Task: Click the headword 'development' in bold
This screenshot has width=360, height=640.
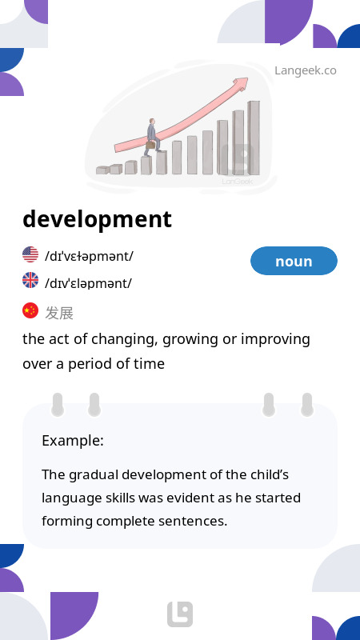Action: [97, 219]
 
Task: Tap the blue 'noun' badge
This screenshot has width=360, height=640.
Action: [294, 261]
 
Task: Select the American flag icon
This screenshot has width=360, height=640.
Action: [30, 254]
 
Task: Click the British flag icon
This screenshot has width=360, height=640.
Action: [30, 281]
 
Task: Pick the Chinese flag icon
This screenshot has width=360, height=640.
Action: [30, 310]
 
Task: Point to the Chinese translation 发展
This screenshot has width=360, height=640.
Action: [59, 313]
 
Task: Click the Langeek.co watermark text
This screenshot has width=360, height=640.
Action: [306, 70]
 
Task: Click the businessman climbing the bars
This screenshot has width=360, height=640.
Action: [152, 138]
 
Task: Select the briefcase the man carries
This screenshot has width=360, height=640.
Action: [150, 145]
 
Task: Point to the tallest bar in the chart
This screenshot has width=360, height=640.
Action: [254, 138]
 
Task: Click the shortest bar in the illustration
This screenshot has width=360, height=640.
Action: [102, 170]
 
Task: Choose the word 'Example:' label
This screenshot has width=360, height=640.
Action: [73, 441]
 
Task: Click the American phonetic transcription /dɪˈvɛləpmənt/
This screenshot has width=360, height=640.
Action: [89, 257]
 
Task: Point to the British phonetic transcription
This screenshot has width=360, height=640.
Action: [88, 283]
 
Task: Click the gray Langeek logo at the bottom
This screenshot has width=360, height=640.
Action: [180, 614]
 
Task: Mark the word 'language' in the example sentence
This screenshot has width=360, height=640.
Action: [68, 498]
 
